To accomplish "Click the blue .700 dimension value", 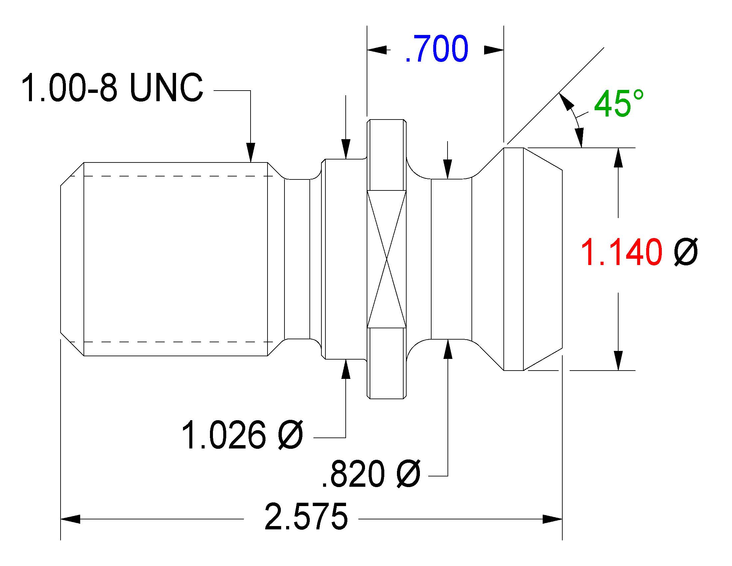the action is (437, 49).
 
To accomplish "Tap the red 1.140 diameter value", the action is (621, 252).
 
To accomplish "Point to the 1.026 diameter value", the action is (223, 435).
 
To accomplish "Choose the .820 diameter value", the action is (353, 473).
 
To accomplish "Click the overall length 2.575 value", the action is (306, 516).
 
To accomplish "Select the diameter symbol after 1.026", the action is (290, 435).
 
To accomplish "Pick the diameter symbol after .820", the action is (408, 473).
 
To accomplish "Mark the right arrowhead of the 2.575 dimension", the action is (552, 519).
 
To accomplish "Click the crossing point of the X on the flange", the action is (386, 259).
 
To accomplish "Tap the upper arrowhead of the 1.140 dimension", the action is (619, 157).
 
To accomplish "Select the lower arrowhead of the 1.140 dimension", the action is (619, 361).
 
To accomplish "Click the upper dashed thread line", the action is (173, 176).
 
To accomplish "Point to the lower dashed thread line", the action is (173, 342).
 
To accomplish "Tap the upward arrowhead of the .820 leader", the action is (448, 349).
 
